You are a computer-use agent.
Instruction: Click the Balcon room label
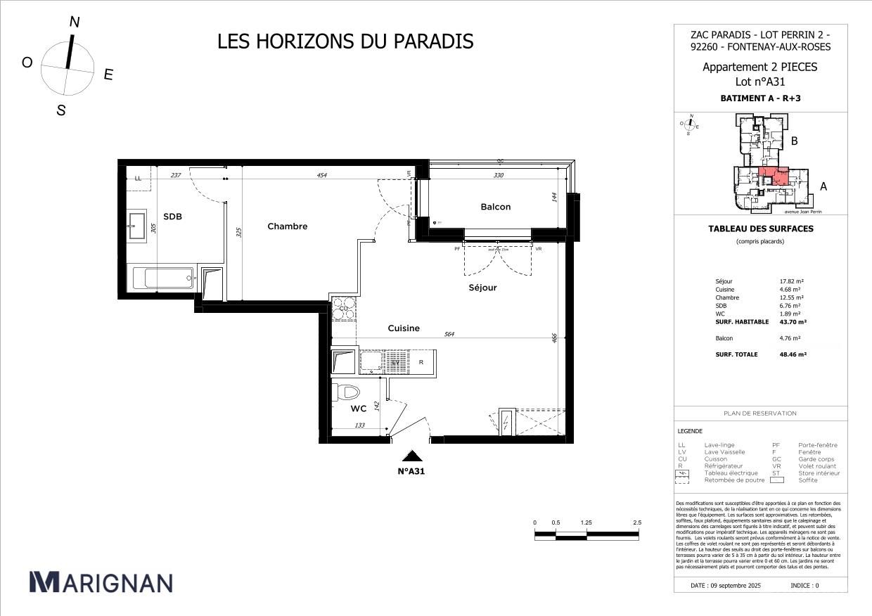click(496, 207)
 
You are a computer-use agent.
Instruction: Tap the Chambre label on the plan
click(287, 226)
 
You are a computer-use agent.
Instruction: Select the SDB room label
click(172, 217)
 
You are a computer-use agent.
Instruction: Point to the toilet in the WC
click(346, 392)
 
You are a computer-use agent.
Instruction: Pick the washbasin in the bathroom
click(136, 226)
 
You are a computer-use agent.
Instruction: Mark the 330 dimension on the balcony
click(499, 176)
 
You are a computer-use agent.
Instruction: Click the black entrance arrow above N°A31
click(411, 456)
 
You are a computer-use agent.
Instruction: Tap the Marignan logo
click(101, 582)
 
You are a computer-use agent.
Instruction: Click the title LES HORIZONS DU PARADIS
click(345, 41)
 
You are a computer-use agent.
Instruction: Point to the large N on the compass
click(74, 23)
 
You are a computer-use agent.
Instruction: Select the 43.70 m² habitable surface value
click(793, 321)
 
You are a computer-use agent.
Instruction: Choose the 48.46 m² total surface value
click(793, 354)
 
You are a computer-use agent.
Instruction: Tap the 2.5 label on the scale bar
click(638, 523)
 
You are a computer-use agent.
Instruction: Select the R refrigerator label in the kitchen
click(421, 362)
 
